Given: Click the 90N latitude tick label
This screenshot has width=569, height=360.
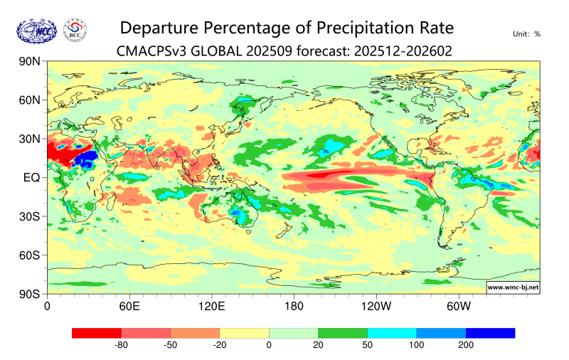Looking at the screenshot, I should click(x=28, y=62).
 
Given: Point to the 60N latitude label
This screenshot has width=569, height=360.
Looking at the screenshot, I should click(x=28, y=100).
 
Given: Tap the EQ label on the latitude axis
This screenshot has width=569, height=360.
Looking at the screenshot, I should click(x=31, y=177).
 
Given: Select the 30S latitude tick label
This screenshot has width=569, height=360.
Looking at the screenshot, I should click(x=28, y=216).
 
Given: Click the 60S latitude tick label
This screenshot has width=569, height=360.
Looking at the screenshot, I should click(x=28, y=255).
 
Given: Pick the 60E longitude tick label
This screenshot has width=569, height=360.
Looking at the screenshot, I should click(x=129, y=307).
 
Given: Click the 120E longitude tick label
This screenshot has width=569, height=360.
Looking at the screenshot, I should click(x=211, y=307).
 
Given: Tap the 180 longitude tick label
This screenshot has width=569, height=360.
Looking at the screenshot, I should click(x=294, y=307).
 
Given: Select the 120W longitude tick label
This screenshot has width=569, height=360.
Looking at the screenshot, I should click(x=376, y=307).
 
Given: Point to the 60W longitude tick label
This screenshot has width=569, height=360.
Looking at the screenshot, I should click(x=459, y=307).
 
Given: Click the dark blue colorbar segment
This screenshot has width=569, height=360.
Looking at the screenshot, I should click(x=490, y=333).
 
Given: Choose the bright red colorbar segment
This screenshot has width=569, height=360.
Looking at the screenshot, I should click(x=97, y=333).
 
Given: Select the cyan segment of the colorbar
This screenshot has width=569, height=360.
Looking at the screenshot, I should click(x=392, y=333).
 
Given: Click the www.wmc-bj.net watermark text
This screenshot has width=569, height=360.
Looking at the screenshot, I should click(x=513, y=287).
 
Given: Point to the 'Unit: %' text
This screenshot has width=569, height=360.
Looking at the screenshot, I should click(x=526, y=33).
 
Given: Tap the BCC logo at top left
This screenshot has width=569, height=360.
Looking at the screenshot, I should click(x=75, y=30).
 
